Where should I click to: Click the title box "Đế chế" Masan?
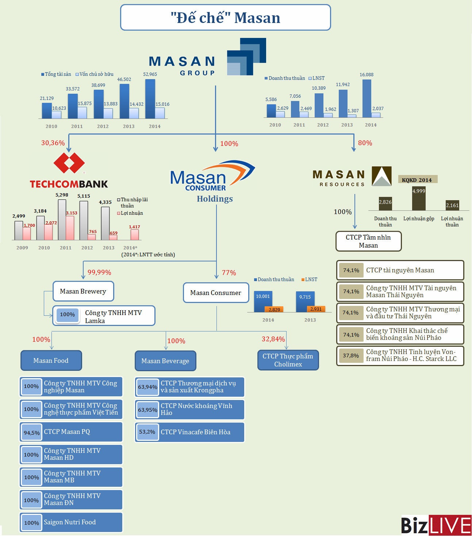(225, 18)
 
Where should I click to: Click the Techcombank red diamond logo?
(69, 163)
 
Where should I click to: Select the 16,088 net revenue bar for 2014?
(367, 98)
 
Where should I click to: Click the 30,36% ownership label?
(53, 143)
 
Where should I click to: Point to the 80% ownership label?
(365, 143)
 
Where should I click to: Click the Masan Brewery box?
(83, 291)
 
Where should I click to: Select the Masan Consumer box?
(215, 293)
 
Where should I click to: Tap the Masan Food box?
(51, 361)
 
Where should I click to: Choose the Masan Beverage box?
(165, 361)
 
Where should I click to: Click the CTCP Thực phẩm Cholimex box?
(288, 360)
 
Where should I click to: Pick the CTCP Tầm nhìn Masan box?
(368, 241)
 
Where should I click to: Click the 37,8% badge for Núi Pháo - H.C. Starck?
(351, 356)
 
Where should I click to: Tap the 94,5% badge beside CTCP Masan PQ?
(31, 433)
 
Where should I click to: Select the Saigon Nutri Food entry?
(70, 522)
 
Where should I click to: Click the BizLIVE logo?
(436, 525)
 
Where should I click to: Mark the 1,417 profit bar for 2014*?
(134, 234)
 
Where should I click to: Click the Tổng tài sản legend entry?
(56, 74)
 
